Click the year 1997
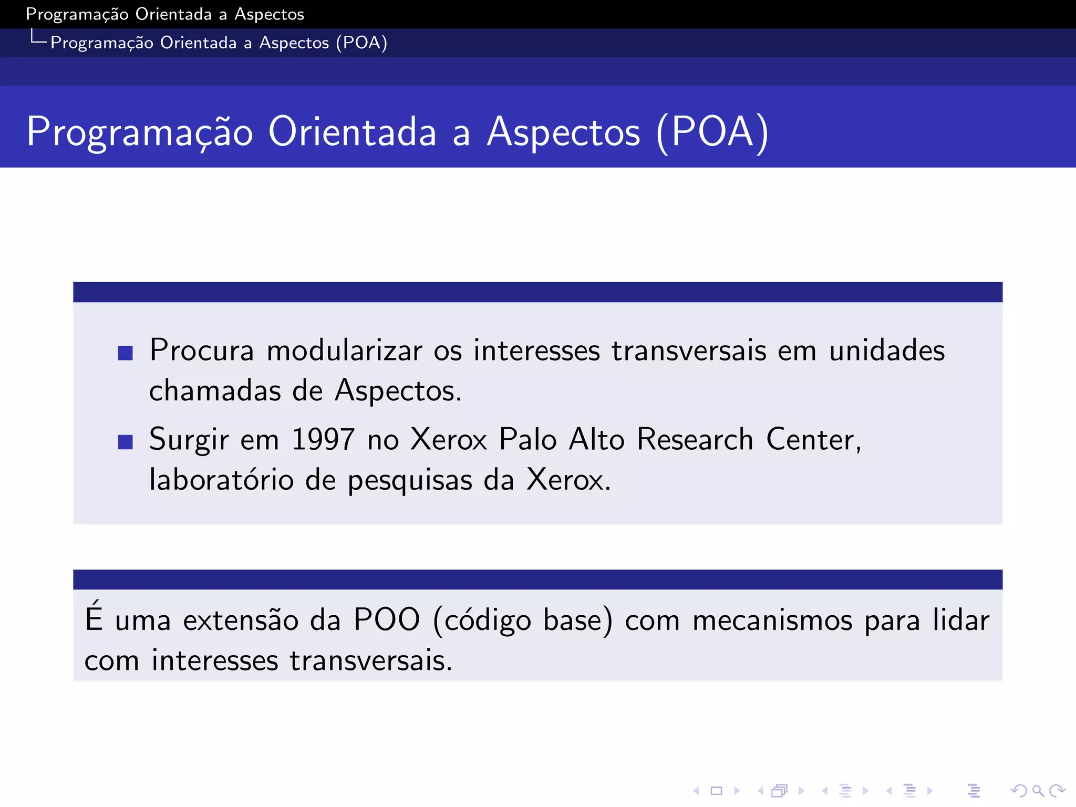coord(323,439)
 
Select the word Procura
coord(202,350)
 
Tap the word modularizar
coord(344,350)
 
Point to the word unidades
coord(887,350)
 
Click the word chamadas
coord(215,391)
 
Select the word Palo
coord(527,439)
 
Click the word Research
coord(695,439)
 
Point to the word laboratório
coord(221,480)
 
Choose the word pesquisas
coord(410,481)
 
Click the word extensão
coord(241,620)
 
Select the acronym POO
coord(387,620)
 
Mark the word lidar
coord(961,620)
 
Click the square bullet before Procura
coord(126,353)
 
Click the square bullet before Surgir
coord(126,442)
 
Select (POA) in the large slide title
coord(712,132)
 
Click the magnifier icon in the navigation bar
coord(1038,790)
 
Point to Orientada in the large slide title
coord(352,132)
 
